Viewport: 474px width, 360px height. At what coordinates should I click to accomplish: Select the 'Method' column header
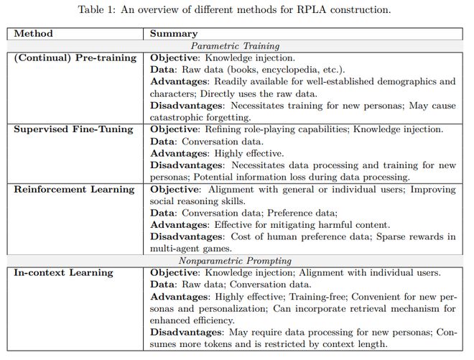(x=33, y=34)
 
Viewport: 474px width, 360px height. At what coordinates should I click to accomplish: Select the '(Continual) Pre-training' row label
(x=75, y=57)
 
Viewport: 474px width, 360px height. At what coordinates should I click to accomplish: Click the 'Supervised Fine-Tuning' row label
(x=74, y=129)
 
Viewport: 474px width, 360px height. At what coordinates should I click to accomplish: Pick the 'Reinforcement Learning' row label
(x=74, y=190)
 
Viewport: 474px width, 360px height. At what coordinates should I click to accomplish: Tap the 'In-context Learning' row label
(x=63, y=272)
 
